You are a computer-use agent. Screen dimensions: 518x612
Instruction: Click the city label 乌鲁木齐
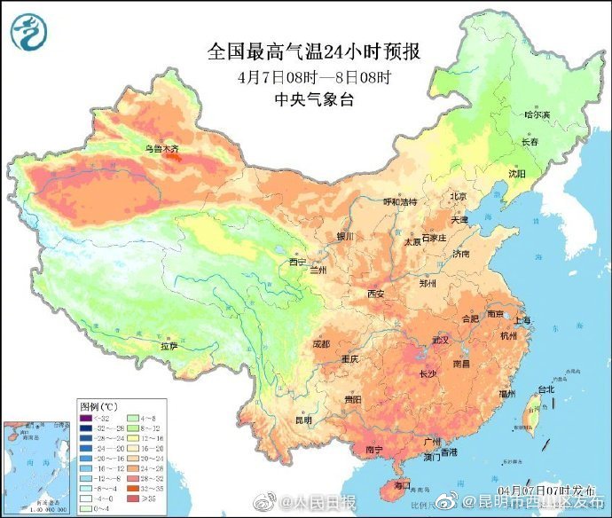click(162, 149)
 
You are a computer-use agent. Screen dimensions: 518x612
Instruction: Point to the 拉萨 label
click(169, 345)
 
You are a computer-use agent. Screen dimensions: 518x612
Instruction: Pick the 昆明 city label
click(304, 420)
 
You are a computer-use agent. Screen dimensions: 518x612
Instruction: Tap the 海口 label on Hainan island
click(401, 486)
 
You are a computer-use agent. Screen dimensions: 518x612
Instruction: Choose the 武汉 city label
click(441, 340)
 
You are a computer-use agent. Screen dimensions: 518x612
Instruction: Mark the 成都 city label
click(321, 343)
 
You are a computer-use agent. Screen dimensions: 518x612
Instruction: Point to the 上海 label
click(522, 321)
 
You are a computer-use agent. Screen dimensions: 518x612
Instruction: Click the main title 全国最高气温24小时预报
click(314, 51)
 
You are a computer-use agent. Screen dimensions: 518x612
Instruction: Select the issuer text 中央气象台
click(315, 99)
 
